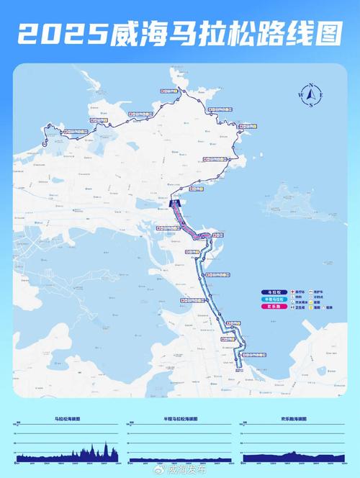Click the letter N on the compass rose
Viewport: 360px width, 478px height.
[310, 86]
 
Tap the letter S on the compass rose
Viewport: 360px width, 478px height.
[310, 106]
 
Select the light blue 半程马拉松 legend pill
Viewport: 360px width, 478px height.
[271, 299]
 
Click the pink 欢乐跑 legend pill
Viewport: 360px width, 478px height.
[271, 306]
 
